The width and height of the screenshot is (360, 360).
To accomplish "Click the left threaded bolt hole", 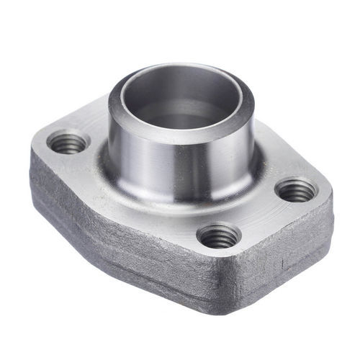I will point(68,143).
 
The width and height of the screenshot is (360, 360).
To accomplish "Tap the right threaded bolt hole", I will point(296,191).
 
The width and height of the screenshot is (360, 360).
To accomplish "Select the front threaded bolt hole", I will point(218,235).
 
